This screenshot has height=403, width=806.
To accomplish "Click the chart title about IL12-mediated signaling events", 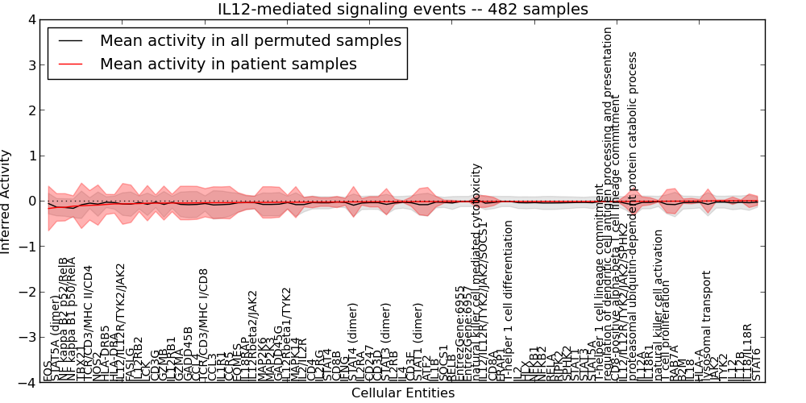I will tap(402, 9).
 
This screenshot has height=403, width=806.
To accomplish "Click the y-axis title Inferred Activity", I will tap(6, 201).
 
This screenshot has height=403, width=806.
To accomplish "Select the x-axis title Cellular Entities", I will tap(402, 393).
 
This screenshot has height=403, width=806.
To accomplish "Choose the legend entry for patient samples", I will tap(228, 64).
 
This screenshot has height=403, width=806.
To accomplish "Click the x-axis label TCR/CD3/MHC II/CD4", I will tap(89, 322).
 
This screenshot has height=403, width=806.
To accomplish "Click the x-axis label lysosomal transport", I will tap(707, 322).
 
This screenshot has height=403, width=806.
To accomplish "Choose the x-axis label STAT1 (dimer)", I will tap(418, 341).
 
